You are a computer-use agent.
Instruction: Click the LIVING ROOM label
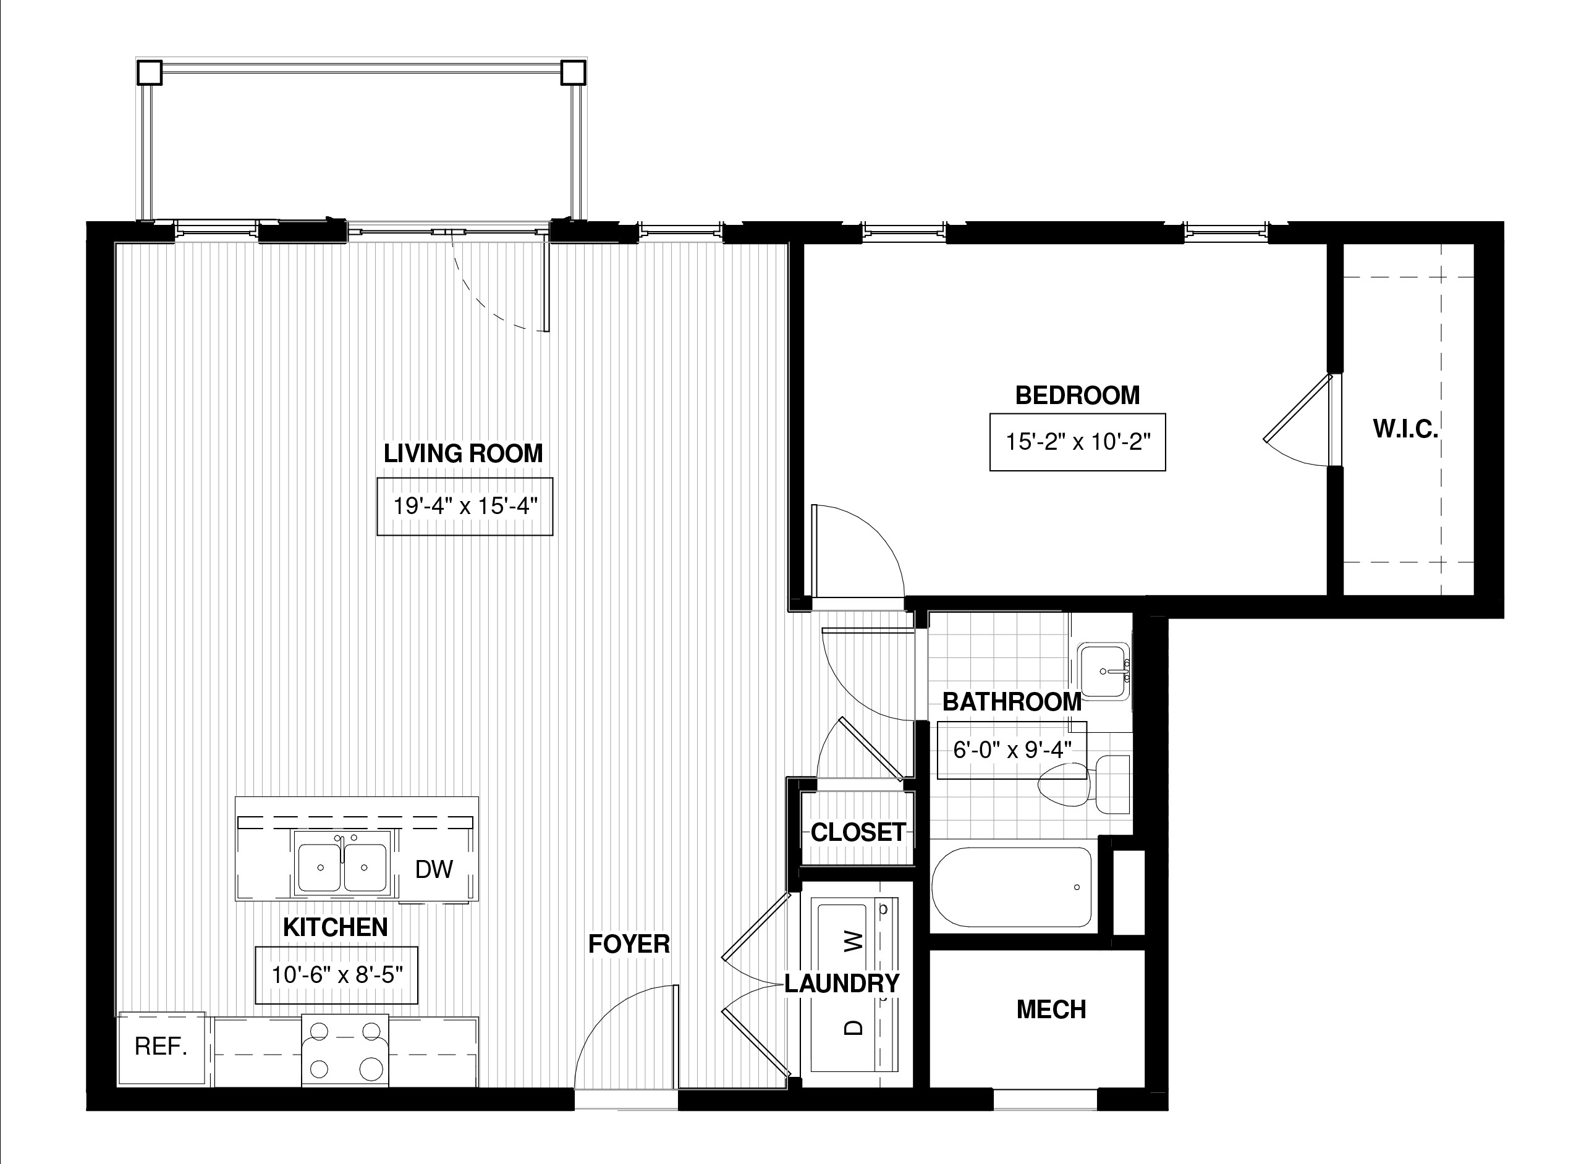463,453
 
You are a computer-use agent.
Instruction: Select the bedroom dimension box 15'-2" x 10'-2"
1078,442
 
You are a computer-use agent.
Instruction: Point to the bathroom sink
1104,671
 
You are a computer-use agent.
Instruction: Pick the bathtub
1012,887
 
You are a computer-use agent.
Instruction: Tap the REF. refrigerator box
161,1048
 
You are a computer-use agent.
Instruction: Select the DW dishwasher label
433,869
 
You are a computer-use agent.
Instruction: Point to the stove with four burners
345,1050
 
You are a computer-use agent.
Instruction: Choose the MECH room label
1051,1010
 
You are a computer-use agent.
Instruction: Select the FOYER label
629,944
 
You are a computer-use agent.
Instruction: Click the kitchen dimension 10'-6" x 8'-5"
336,975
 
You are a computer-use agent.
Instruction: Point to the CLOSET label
858,832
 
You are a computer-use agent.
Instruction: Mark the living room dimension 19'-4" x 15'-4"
465,507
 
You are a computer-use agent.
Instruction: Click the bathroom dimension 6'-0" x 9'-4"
1012,749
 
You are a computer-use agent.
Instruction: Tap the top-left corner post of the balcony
150,72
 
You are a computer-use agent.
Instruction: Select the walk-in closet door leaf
1297,408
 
